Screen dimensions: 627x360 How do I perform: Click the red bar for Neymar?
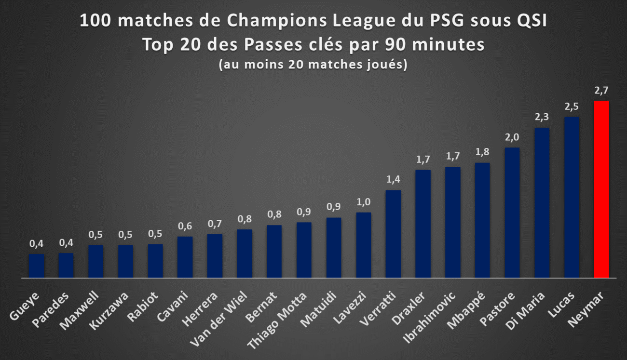click(601, 189)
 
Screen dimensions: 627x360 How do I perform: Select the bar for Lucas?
click(572, 197)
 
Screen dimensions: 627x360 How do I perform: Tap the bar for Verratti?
click(393, 234)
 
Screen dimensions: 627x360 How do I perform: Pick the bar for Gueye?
click(36, 266)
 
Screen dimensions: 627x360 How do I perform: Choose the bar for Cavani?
click(185, 257)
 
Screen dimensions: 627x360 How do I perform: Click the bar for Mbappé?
click(482, 220)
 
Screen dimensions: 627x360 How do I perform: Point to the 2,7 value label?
click(601, 90)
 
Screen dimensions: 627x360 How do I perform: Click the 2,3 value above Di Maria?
click(542, 117)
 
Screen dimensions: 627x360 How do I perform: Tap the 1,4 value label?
click(393, 179)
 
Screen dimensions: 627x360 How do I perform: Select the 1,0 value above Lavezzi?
click(363, 201)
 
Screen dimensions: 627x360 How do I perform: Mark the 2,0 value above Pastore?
click(512, 137)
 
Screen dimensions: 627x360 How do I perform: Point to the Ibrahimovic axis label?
click(429, 318)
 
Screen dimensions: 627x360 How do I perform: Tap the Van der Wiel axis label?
click(218, 319)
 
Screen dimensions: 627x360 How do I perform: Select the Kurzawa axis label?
click(109, 311)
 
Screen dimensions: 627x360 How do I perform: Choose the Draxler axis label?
click(409, 308)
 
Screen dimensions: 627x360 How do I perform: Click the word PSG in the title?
click(447, 20)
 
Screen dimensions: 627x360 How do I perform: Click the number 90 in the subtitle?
click(395, 44)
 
